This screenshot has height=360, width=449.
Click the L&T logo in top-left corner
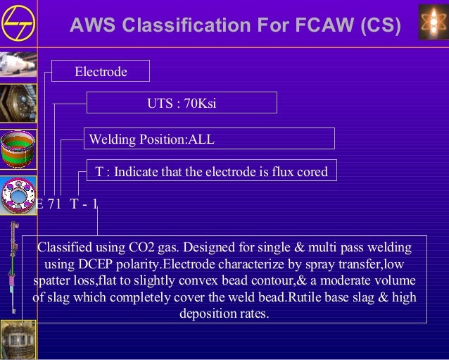point(15,23)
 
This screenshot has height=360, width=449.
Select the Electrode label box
point(101,72)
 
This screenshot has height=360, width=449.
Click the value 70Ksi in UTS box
point(200,104)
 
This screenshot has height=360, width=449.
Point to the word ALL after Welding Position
point(201,139)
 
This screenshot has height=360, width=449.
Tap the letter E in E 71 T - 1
point(39,204)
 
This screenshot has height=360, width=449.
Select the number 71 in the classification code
point(55,204)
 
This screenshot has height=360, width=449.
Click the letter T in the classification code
point(75,204)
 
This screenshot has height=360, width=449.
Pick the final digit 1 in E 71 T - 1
point(96,204)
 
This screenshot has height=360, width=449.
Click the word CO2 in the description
point(144,248)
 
